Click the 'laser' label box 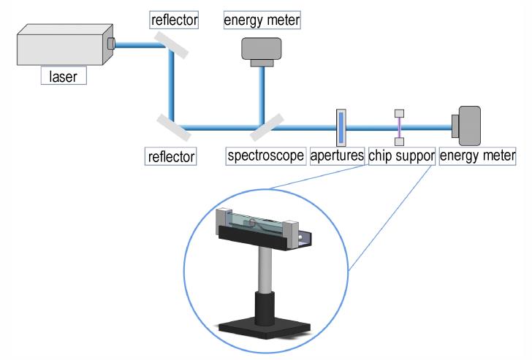(64, 75)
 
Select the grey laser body (65, 45)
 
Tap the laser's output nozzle (111, 43)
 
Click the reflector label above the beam (174, 20)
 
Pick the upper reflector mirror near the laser (171, 45)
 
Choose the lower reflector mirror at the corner (174, 128)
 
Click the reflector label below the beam (171, 156)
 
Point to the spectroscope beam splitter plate (267, 128)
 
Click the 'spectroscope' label (266, 156)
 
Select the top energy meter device (262, 52)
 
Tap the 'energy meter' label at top (262, 20)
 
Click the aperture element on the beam (341, 128)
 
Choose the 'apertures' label (337, 156)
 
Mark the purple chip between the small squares (399, 128)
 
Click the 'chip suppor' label (402, 156)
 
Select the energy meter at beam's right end (466, 126)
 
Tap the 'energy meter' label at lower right (477, 156)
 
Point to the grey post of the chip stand (265, 270)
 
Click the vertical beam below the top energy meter (262, 96)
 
